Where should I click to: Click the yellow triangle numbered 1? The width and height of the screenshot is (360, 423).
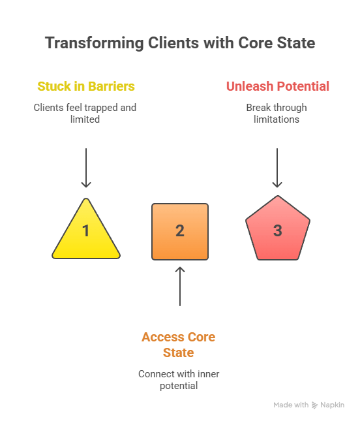pos(86,235)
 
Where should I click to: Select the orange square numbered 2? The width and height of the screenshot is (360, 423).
pos(180,232)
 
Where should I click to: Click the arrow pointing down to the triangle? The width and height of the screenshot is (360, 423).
pos(86,168)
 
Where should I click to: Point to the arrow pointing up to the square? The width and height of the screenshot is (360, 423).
pos(180,286)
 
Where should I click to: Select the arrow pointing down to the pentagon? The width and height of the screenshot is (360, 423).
pos(277,168)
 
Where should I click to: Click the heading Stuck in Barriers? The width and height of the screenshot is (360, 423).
pos(86,86)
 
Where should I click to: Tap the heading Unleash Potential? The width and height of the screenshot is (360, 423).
pos(278,86)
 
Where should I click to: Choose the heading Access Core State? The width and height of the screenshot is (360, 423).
pos(179,345)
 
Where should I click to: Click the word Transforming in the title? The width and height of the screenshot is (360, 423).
pos(95,43)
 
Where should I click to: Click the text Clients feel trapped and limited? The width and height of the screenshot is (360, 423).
pos(85,114)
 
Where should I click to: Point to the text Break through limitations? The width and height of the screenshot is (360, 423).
pos(277,114)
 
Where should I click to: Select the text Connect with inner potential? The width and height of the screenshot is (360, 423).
pos(179,380)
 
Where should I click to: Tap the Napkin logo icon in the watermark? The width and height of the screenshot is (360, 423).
pos(314,405)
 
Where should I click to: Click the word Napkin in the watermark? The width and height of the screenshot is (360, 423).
pos(332,405)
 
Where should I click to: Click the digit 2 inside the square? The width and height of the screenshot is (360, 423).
pos(180,231)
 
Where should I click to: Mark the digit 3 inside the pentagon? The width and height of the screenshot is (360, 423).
pos(278,230)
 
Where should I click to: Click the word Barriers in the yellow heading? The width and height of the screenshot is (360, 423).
pos(112,86)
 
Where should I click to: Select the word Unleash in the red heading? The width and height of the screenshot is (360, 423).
pos(250,86)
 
